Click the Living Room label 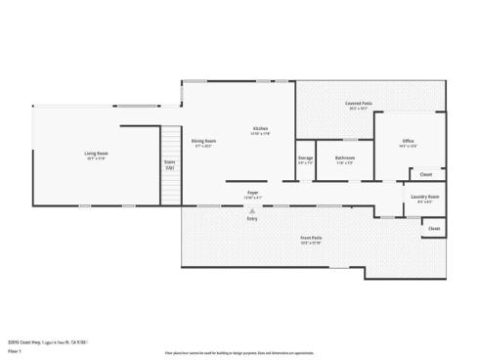(x=96, y=154)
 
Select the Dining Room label (x=203, y=141)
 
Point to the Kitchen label (x=260, y=129)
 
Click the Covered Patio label (x=358, y=103)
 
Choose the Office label (x=408, y=142)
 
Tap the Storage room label (x=305, y=157)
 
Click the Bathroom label (x=345, y=157)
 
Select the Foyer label (x=252, y=193)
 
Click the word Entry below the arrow (x=252, y=217)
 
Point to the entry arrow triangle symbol (x=252, y=209)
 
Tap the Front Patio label (x=311, y=239)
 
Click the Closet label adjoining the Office (x=425, y=175)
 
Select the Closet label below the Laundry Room (x=434, y=229)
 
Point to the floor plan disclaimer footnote (x=239, y=351)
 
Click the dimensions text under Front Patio (x=311, y=244)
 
